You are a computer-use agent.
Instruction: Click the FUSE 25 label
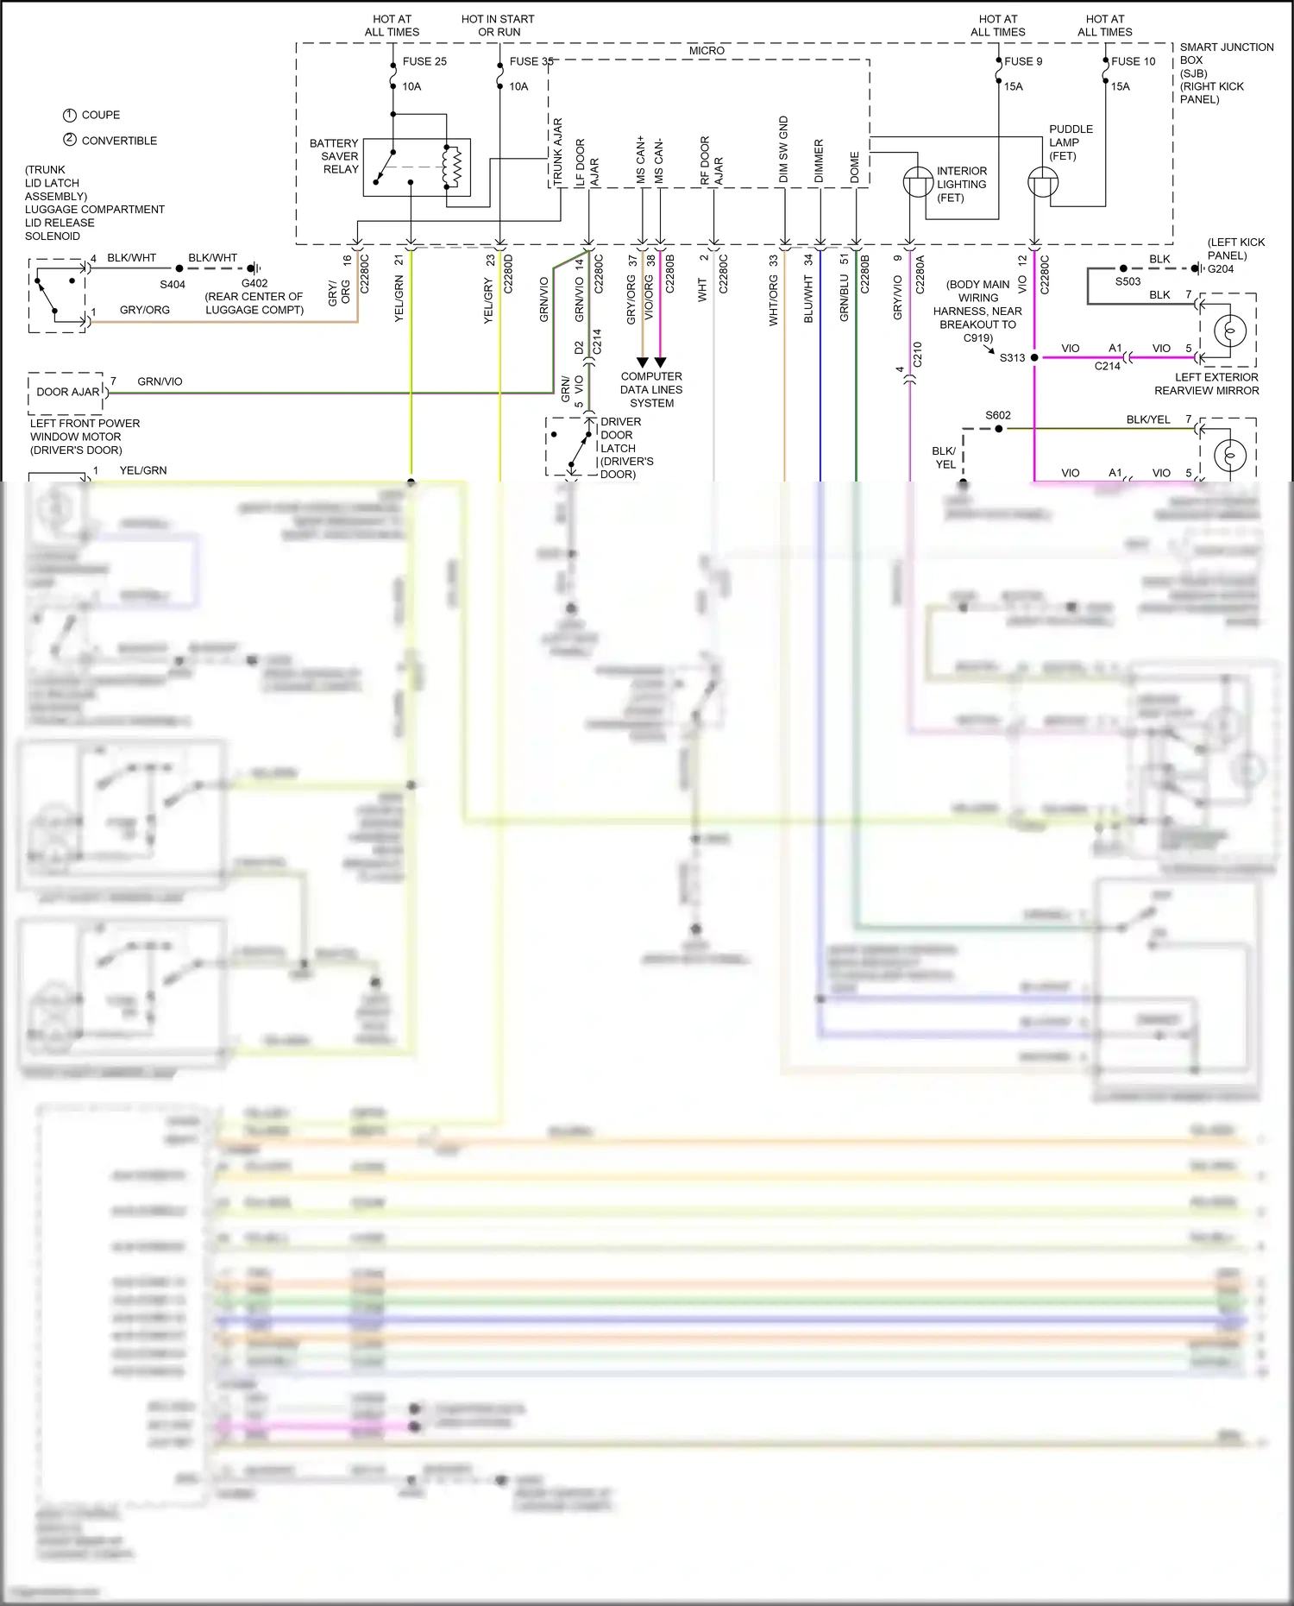pyautogui.click(x=424, y=61)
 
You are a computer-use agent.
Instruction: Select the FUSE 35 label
pyautogui.click(x=531, y=61)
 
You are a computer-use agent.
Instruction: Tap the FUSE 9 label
pyautogui.click(x=1023, y=61)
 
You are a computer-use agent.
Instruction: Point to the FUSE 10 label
pyautogui.click(x=1133, y=61)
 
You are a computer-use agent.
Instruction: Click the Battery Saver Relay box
pyautogui.click(x=417, y=167)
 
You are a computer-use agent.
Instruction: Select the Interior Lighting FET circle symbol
pyautogui.click(x=918, y=182)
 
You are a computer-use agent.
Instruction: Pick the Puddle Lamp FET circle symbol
pyautogui.click(x=1043, y=182)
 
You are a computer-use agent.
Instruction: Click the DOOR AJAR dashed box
pyautogui.click(x=67, y=392)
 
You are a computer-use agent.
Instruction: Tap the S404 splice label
pyautogui.click(x=173, y=284)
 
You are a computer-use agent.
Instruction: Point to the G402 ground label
pyautogui.click(x=254, y=283)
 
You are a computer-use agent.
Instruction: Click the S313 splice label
pyautogui.click(x=1012, y=358)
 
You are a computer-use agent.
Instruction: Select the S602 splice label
pyautogui.click(x=998, y=415)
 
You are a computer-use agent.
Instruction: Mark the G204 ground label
pyautogui.click(x=1221, y=269)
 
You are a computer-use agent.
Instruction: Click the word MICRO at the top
pyautogui.click(x=707, y=51)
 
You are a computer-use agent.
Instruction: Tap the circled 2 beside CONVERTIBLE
pyautogui.click(x=70, y=140)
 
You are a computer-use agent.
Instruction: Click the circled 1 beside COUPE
pyautogui.click(x=70, y=115)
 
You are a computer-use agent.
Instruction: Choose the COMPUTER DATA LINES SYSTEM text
pyautogui.click(x=651, y=389)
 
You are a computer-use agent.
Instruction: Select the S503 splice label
pyautogui.click(x=1128, y=281)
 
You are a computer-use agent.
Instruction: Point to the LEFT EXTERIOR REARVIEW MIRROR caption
pyautogui.click(x=1207, y=384)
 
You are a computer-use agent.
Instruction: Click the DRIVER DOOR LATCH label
pyautogui.click(x=626, y=448)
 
